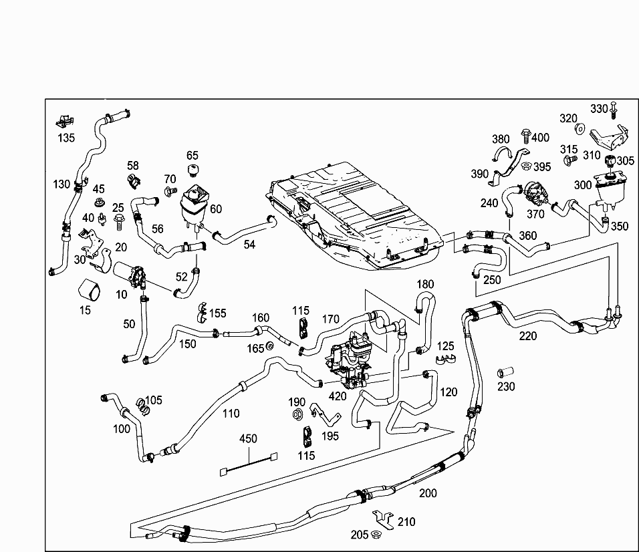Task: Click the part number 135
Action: tap(66, 138)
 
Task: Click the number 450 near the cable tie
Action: tap(249, 439)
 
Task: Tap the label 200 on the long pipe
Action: tap(428, 493)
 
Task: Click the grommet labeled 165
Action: tap(270, 346)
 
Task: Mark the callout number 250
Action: tap(492, 279)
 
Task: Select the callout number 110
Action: tap(231, 413)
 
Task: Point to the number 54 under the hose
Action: tap(249, 245)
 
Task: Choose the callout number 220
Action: tap(528, 335)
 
